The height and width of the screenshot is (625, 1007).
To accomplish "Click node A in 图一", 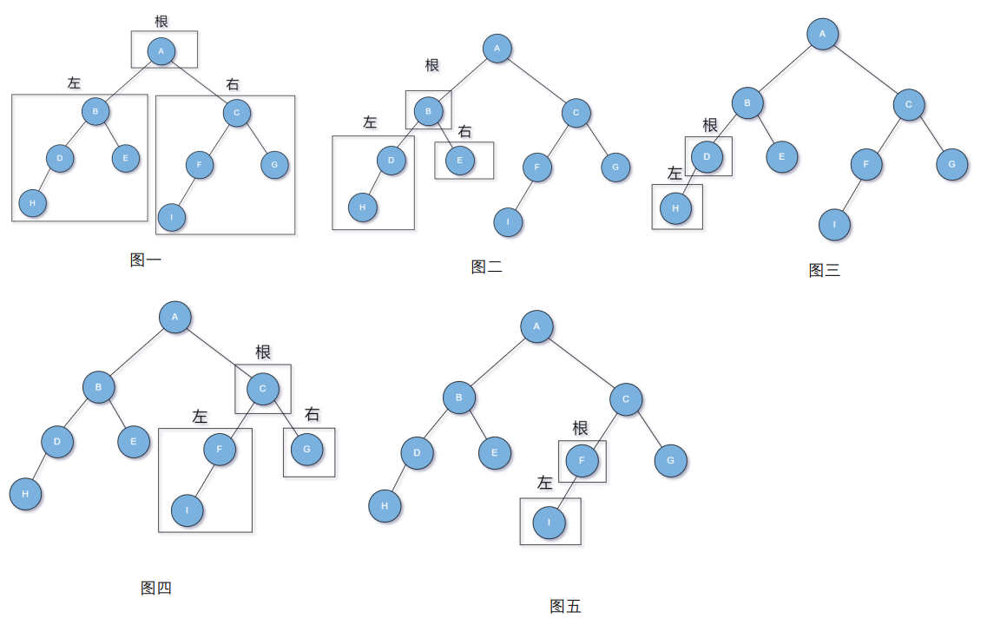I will [x=161, y=51].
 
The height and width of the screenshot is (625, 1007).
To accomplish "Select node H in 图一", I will [x=32, y=203].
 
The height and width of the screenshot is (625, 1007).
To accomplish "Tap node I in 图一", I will [x=172, y=216].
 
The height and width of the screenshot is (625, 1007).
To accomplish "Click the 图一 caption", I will [x=145, y=260].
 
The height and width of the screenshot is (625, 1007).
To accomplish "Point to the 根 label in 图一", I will [x=161, y=21].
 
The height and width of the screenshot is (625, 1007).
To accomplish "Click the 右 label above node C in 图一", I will [x=233, y=84].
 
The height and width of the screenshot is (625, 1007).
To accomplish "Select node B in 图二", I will [x=428, y=111].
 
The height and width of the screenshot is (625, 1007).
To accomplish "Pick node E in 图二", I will [x=460, y=161].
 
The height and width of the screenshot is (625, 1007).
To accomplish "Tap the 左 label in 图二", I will [x=370, y=122].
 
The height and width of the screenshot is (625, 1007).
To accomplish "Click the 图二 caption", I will [x=486, y=267].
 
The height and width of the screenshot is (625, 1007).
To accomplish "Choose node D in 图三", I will [x=708, y=156].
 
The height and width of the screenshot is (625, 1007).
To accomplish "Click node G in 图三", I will [x=951, y=164].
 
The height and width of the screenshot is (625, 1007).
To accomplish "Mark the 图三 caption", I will [x=824, y=271].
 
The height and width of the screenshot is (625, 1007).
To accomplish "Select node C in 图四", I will [x=263, y=388].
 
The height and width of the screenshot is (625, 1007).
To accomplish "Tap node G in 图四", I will [x=306, y=449].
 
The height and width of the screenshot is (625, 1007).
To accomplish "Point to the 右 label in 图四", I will [x=312, y=414].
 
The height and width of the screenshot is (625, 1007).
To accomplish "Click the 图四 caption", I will [x=156, y=589].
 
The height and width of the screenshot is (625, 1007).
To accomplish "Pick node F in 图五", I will [x=582, y=461].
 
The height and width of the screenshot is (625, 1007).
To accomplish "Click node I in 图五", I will [x=549, y=523].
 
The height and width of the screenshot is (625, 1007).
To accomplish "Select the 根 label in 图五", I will [x=580, y=428].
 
